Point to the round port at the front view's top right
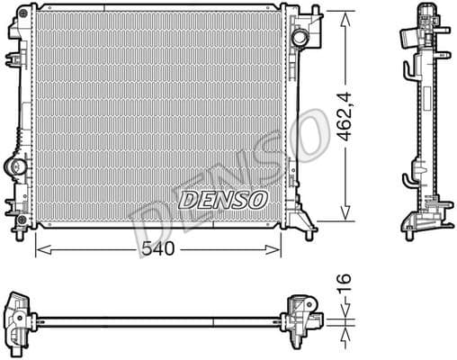(x=300, y=38)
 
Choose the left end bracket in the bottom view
(x=20, y=317)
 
